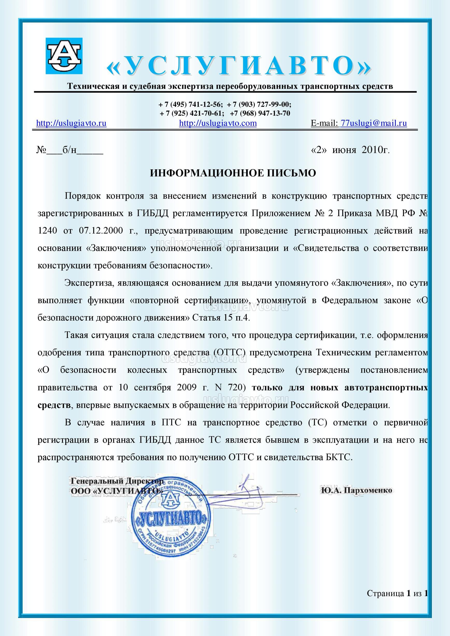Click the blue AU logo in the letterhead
(64, 56)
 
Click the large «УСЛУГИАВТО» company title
(239, 66)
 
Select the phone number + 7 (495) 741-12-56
(191, 104)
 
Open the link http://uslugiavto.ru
(72, 123)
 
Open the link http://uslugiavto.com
(218, 123)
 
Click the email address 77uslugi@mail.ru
(374, 123)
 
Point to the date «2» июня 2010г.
(351, 150)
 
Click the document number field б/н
(70, 150)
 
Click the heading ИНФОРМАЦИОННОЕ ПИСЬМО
(233, 174)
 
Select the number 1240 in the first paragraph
(47, 231)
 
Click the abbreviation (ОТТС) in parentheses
(230, 353)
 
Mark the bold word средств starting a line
(54, 405)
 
